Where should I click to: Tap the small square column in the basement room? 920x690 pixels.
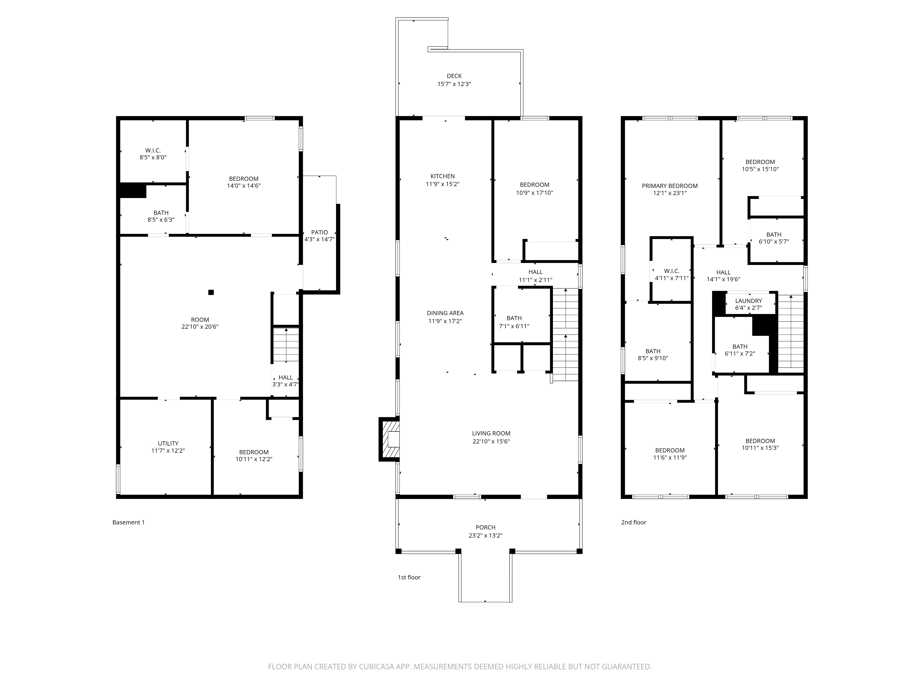(211, 292)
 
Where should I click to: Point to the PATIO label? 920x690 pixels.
(319, 232)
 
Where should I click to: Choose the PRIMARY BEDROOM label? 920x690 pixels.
(669, 186)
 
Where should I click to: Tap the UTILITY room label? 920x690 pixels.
(168, 443)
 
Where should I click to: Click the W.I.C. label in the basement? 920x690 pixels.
(153, 150)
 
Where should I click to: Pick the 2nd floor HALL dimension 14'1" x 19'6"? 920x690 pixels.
(723, 279)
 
